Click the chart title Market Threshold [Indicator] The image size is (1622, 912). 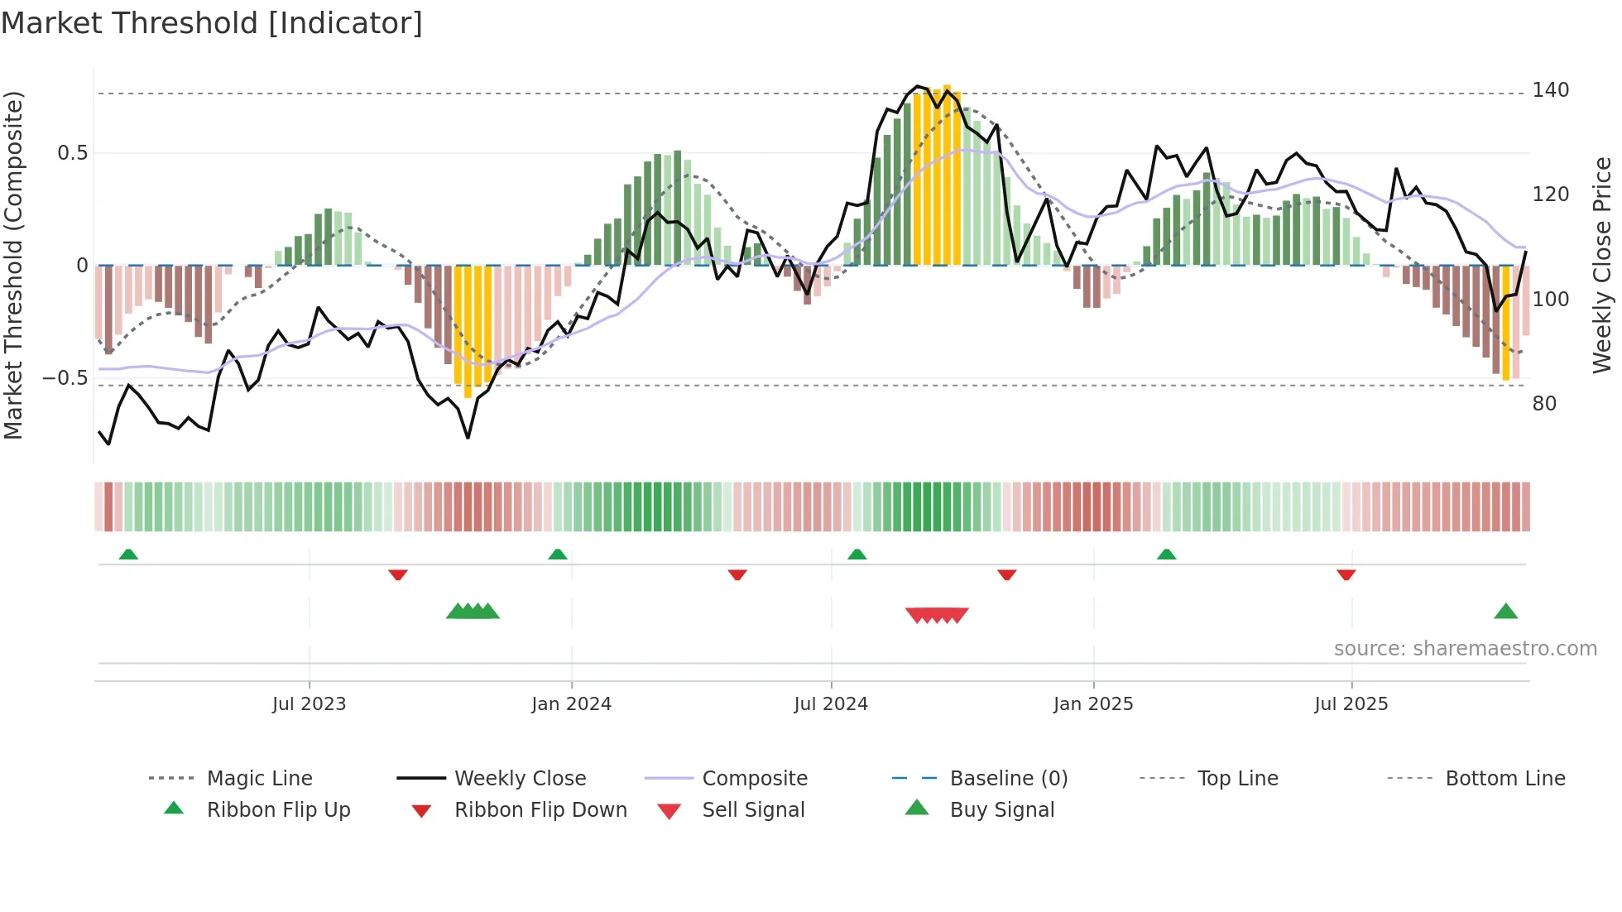point(212,23)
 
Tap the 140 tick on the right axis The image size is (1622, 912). point(1550,90)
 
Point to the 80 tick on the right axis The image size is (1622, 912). point(1544,404)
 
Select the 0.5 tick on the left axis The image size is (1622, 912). point(72,153)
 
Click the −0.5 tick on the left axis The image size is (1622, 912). point(65,378)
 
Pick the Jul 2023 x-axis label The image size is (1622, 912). point(309,704)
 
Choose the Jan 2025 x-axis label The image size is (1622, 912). point(1092,704)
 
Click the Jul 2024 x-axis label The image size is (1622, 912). point(830,704)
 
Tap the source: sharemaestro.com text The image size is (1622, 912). point(1465,649)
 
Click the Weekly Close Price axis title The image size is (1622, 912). point(1602,265)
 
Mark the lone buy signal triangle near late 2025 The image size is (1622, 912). point(1505,612)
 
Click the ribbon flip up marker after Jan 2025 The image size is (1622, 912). point(1166,554)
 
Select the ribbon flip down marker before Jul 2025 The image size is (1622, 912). point(1346,574)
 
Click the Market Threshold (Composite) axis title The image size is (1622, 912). point(13,265)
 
